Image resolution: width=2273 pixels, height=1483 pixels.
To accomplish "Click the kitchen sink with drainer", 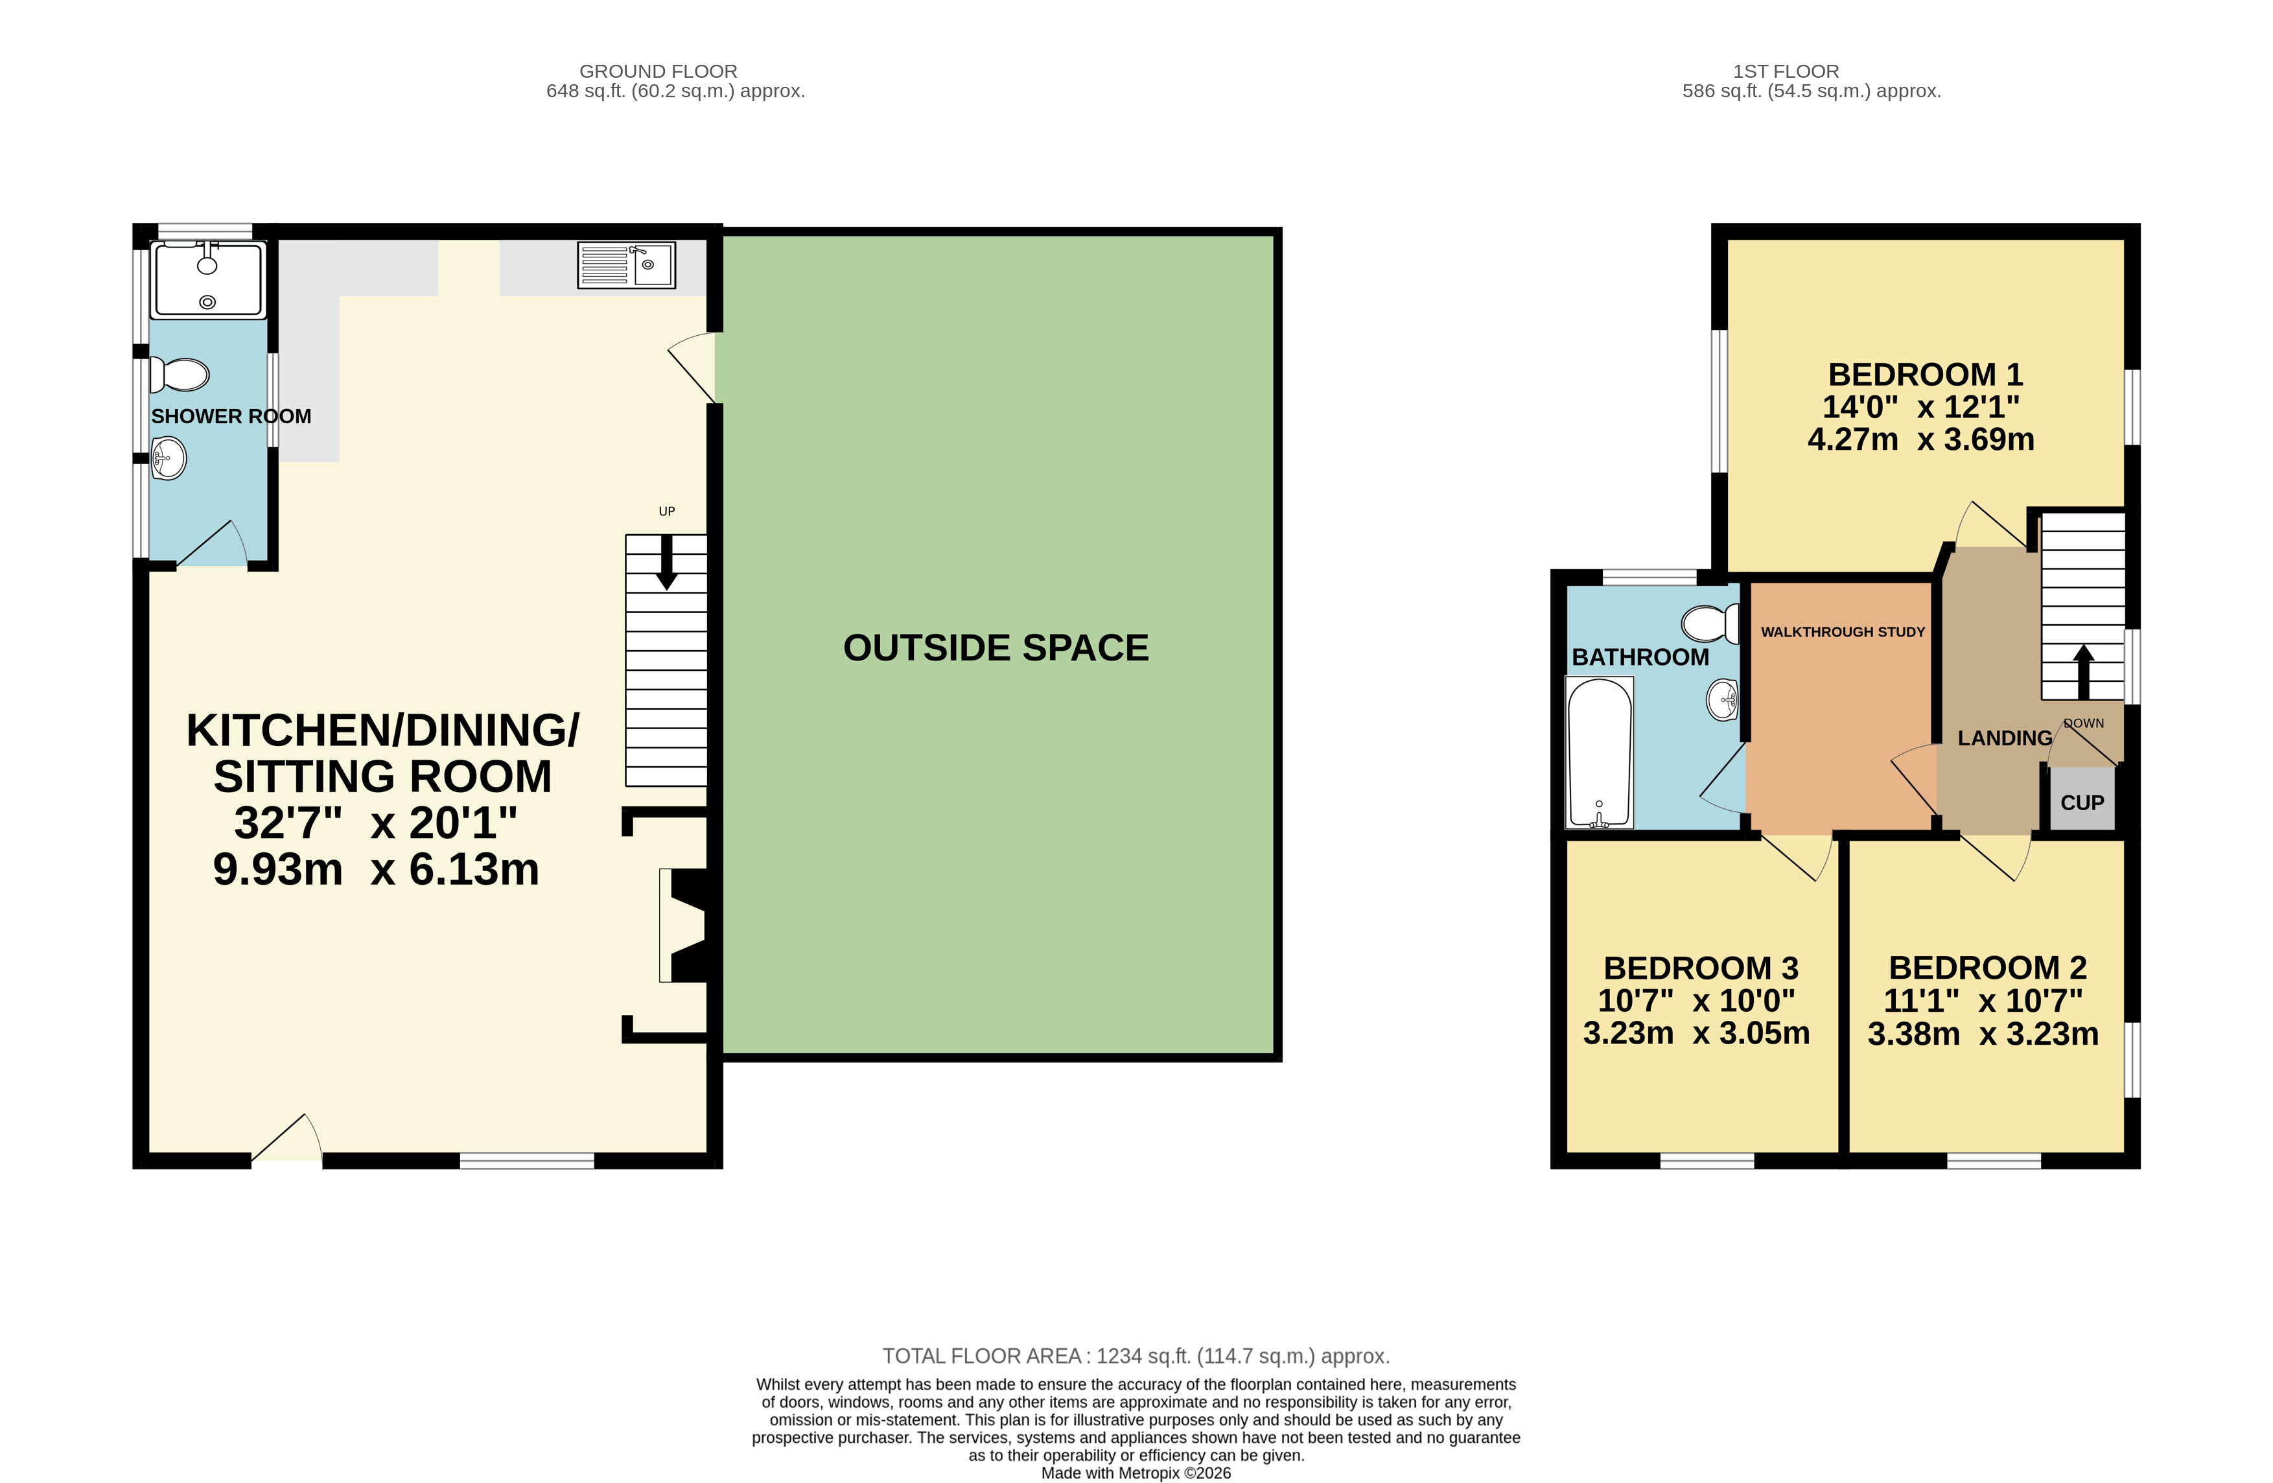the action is [x=627, y=264].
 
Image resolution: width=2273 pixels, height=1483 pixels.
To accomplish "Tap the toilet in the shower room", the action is [x=180, y=375].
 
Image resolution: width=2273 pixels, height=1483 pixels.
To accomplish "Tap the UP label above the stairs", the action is [x=667, y=511].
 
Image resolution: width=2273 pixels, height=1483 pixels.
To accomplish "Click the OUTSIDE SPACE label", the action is [x=996, y=648].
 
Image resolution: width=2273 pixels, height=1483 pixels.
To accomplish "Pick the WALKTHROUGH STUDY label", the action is [x=1843, y=632].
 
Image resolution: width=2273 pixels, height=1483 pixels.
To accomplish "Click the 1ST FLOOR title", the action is [x=1786, y=71].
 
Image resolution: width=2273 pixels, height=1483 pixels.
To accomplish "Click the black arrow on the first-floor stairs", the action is [x=2084, y=672].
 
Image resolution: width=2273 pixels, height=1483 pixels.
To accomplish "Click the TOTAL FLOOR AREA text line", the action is [x=1136, y=1356].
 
